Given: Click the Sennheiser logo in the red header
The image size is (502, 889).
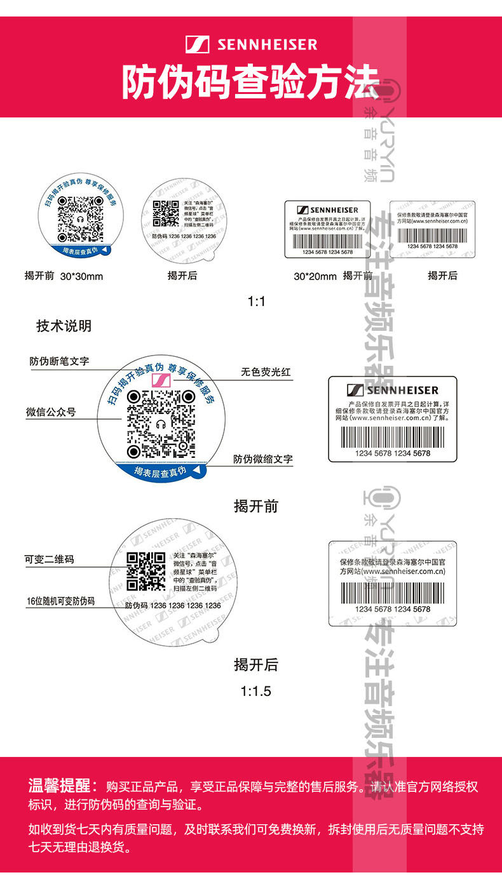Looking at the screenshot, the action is [x=252, y=44].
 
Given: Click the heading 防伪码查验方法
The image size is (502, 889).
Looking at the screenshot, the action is [x=250, y=83].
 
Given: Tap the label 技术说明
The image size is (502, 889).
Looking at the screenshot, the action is [x=64, y=326].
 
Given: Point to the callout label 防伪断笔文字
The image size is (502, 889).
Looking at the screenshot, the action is [x=59, y=361].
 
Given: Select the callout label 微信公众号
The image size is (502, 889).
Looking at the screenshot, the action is [x=51, y=412].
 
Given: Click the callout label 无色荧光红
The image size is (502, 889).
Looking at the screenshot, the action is [x=266, y=372].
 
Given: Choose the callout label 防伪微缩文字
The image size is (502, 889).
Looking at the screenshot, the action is [x=262, y=458].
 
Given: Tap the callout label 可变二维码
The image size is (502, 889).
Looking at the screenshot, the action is [x=49, y=559].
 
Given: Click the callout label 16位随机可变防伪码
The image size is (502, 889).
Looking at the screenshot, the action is [x=60, y=601].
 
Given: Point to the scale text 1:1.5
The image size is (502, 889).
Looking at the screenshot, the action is [x=256, y=691].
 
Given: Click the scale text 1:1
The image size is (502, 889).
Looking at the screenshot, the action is [x=256, y=301].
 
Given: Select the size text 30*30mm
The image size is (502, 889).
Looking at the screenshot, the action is [x=81, y=276].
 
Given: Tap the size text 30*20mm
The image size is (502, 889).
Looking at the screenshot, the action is [x=315, y=276].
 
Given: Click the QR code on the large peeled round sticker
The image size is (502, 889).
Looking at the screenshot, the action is [x=146, y=571].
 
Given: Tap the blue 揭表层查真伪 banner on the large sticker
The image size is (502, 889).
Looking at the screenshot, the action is [x=161, y=471].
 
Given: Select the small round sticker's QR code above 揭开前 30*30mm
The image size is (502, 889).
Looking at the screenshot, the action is [x=80, y=218].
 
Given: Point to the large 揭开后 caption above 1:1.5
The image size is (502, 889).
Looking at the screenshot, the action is [x=256, y=665].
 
